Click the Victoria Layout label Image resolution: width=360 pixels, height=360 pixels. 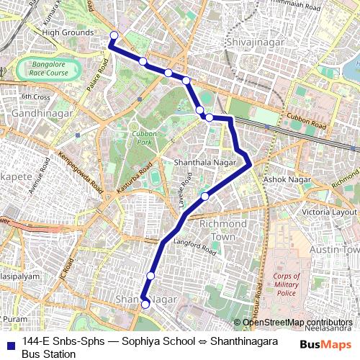(329, 212)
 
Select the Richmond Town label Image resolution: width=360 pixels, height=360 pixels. (217, 230)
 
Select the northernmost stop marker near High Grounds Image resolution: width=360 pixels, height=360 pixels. (113, 35)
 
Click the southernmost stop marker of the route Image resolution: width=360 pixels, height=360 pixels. (145, 305)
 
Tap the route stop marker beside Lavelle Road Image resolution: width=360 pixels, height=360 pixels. (204, 196)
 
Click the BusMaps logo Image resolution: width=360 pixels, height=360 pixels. (326, 345)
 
